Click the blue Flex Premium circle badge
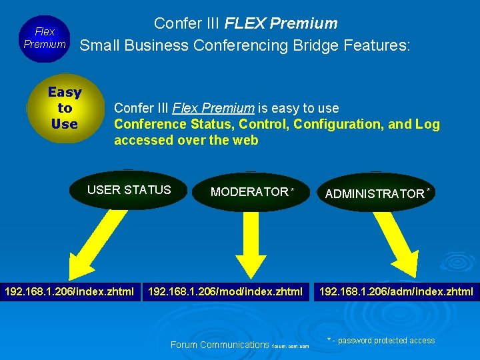(x=45, y=38)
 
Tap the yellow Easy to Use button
(x=65, y=108)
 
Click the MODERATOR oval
(x=250, y=192)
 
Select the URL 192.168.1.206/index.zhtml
(x=69, y=291)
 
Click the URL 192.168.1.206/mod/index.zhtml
(x=225, y=291)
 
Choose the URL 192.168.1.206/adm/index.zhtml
(x=397, y=291)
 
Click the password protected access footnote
(x=381, y=341)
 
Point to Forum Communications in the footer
(x=220, y=345)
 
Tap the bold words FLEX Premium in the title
(x=281, y=23)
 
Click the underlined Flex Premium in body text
(x=213, y=108)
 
